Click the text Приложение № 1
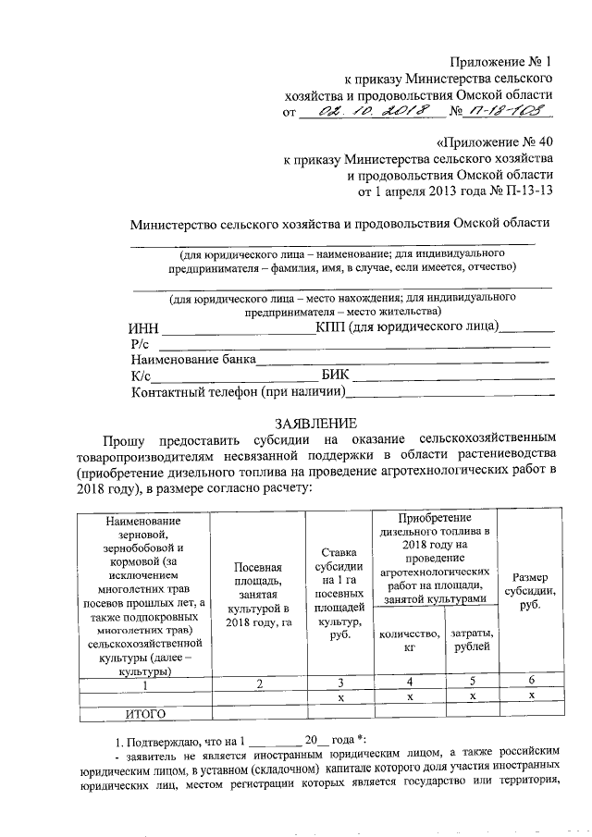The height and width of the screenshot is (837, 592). (x=500, y=62)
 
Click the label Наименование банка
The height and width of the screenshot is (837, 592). (x=193, y=360)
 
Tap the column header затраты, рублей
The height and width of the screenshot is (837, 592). (x=471, y=639)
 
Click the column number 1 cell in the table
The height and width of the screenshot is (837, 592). (x=144, y=683)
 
